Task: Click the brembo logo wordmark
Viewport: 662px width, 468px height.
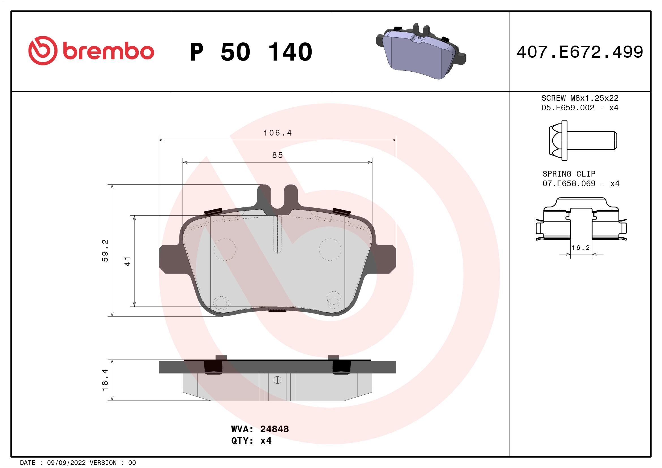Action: click(108, 52)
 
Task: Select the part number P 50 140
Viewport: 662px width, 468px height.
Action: click(251, 52)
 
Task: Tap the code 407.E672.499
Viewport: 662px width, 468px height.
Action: click(580, 52)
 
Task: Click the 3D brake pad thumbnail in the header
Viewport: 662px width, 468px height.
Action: click(421, 52)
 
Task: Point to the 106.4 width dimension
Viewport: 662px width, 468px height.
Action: click(277, 133)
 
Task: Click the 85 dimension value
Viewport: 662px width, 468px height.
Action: click(277, 155)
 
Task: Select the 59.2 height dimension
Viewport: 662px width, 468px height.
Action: click(106, 250)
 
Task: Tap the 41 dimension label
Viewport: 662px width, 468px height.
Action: click(127, 261)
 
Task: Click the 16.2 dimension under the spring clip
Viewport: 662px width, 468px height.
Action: click(581, 248)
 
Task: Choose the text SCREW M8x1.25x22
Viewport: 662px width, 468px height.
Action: click(580, 98)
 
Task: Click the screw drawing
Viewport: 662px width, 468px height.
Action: click(582, 140)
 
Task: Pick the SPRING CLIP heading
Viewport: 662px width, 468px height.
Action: click(569, 174)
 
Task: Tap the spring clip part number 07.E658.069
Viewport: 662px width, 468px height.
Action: click(569, 183)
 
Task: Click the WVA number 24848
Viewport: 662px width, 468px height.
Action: click(274, 429)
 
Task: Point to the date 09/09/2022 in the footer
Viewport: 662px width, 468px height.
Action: click(66, 463)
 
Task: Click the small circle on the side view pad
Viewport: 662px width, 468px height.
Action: click(277, 380)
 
